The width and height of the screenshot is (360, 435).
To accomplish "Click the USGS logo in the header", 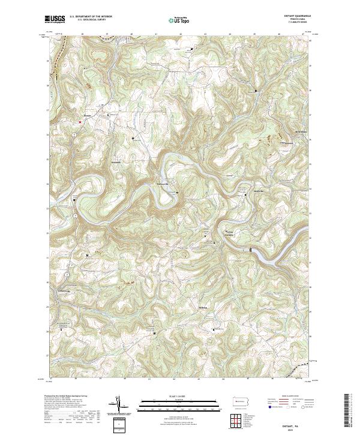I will [55, 19].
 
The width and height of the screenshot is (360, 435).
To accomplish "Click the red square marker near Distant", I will [80, 122].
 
